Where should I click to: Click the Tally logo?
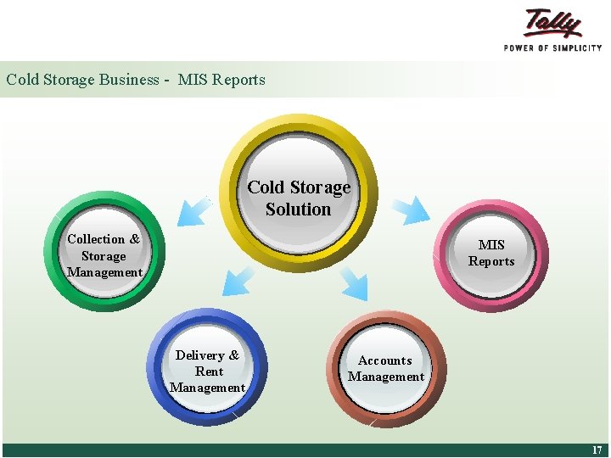coord(553,24)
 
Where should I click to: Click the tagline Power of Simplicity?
coord(552,48)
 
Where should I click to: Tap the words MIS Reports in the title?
coord(221,80)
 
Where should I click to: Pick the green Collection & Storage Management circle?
coord(104,251)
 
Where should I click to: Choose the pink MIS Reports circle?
coord(491,253)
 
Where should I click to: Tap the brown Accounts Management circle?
coord(386,369)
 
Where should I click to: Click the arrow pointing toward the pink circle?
coord(415,209)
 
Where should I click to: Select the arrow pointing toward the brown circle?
coord(355,284)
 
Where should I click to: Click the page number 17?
coord(597,450)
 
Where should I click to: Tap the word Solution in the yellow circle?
coord(298,209)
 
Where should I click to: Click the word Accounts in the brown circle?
coord(385,360)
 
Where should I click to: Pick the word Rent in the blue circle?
coord(209,371)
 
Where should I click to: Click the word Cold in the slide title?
coord(23,80)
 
